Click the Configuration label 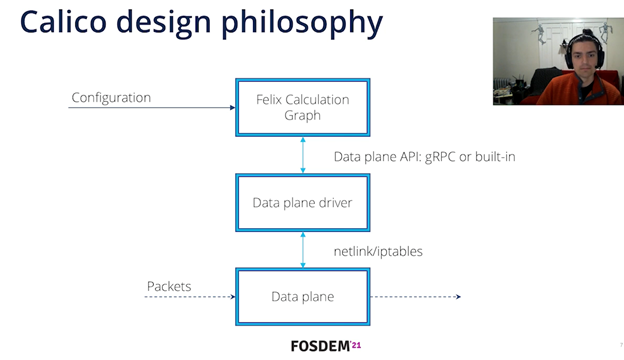111,98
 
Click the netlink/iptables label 378,251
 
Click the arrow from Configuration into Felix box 150,108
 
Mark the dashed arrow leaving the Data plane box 416,296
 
